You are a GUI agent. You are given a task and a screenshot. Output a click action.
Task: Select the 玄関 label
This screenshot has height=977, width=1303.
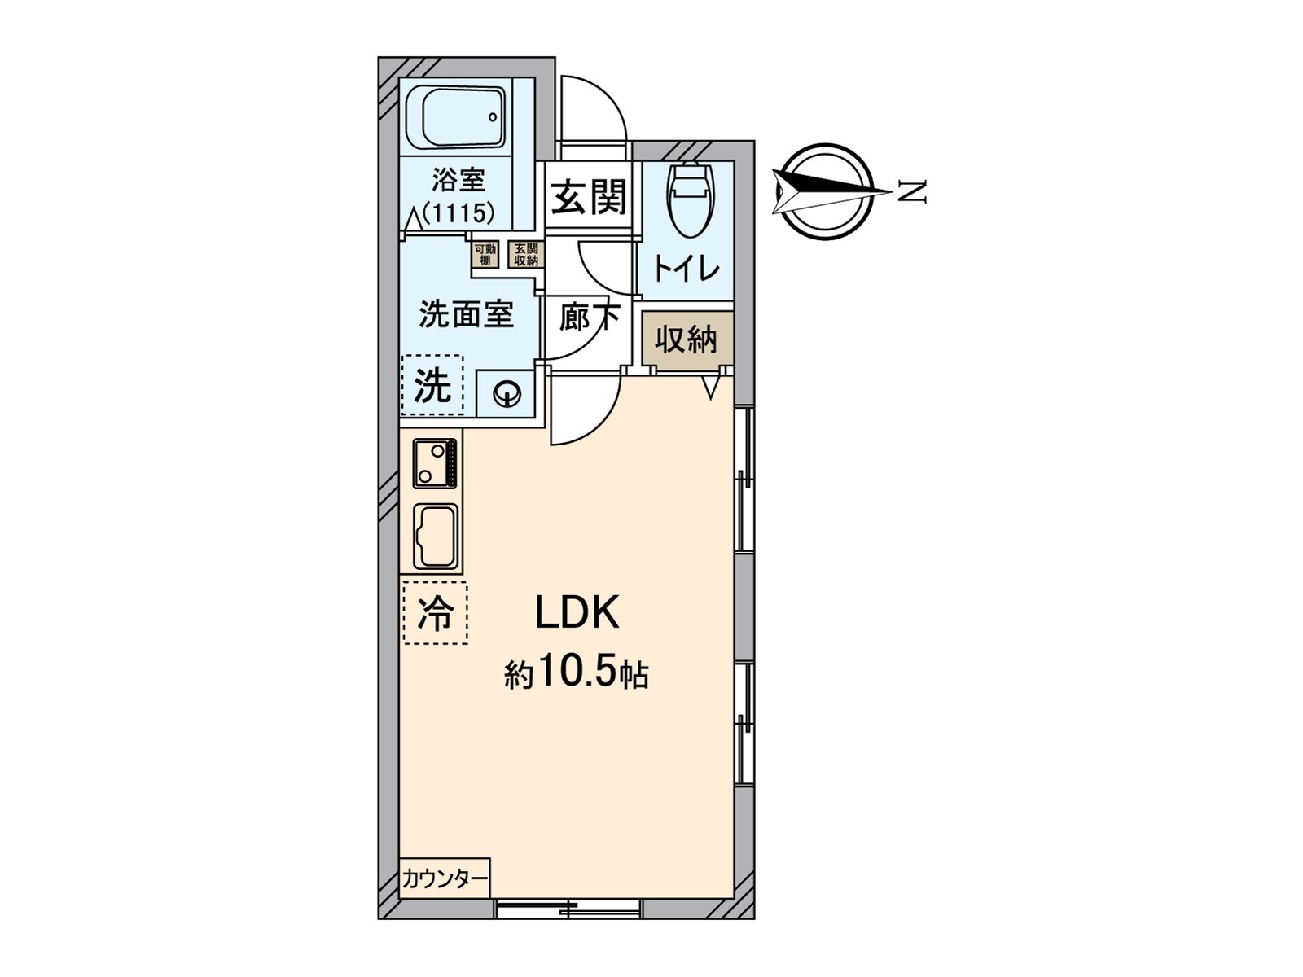tap(589, 197)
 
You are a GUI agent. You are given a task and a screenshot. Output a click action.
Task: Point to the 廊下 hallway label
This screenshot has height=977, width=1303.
tap(588, 317)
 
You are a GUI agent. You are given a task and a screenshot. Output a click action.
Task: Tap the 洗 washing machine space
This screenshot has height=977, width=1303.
tap(432, 385)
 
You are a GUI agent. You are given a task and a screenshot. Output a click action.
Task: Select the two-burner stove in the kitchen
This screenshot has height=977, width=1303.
tap(435, 463)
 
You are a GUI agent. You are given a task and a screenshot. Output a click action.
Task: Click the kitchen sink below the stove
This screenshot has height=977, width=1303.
tap(436, 536)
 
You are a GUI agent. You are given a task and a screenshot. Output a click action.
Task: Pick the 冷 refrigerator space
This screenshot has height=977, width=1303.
tap(435, 613)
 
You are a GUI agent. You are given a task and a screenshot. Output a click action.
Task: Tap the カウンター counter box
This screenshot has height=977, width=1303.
tap(445, 878)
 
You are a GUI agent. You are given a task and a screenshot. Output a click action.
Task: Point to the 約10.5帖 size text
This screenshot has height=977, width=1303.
tap(576, 674)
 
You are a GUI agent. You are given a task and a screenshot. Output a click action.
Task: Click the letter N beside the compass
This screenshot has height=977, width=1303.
tap(914, 192)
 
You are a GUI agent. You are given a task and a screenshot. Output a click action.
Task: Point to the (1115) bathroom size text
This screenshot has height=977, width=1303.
tap(458, 213)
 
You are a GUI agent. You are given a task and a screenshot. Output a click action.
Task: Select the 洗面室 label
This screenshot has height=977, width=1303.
tap(466, 313)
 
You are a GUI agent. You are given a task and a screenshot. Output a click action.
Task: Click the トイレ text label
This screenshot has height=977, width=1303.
tap(687, 269)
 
